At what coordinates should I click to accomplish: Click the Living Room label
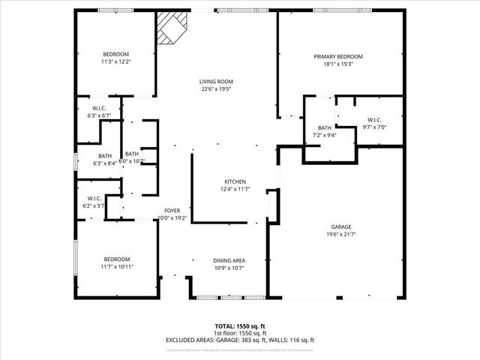click(216, 82)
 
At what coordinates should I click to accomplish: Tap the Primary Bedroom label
click(338, 57)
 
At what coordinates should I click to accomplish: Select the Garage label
click(342, 226)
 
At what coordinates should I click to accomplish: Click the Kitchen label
click(235, 182)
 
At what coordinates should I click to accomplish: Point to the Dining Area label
click(229, 260)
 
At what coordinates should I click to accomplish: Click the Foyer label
click(172, 211)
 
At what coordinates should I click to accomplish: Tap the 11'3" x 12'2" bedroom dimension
click(116, 62)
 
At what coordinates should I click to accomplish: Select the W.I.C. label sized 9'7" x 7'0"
click(375, 120)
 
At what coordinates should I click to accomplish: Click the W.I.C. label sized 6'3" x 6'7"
click(98, 109)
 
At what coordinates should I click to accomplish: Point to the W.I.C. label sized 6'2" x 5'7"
click(93, 199)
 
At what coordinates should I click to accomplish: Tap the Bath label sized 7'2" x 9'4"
click(324, 128)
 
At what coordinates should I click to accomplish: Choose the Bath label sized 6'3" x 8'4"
click(104, 156)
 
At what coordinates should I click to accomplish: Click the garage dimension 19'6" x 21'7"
click(342, 234)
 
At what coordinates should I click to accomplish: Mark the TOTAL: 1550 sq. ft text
click(240, 326)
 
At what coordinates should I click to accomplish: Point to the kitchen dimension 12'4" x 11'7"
click(235, 190)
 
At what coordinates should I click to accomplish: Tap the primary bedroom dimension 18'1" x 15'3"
click(338, 64)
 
